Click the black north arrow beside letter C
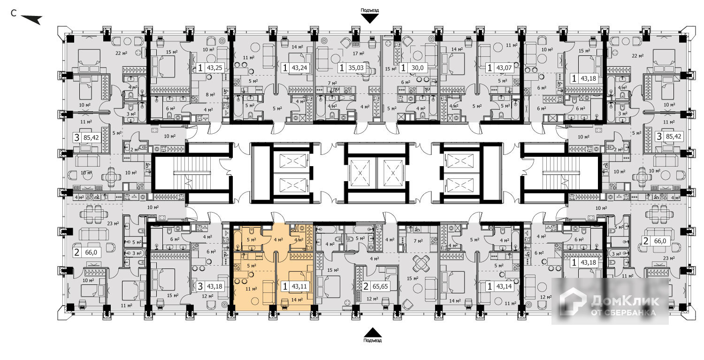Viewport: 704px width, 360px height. [32, 19]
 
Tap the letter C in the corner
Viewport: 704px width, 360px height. [14, 13]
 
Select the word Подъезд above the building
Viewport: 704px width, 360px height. [369, 10]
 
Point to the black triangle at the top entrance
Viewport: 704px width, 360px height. [370, 18]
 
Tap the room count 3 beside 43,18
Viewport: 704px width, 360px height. [200, 286]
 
